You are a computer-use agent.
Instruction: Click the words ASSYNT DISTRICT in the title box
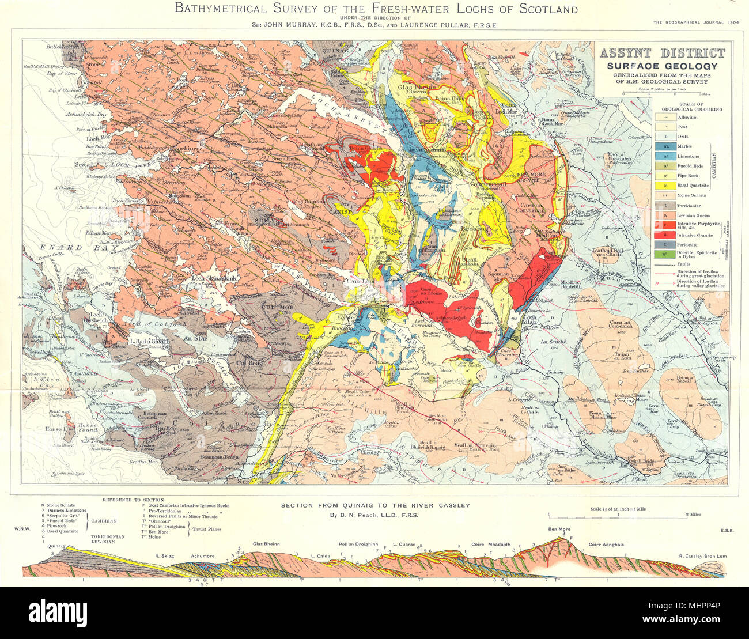coord(662,54)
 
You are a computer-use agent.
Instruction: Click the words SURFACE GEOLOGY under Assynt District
coord(662,66)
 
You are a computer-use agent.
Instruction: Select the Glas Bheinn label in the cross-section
coord(266,543)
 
